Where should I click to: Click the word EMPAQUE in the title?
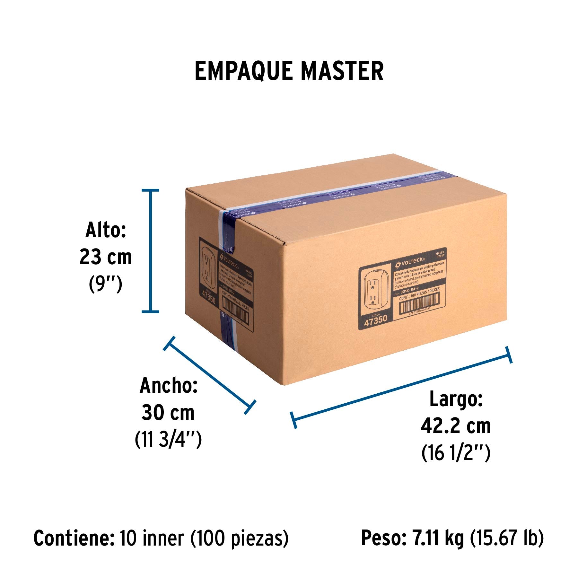pos(243,71)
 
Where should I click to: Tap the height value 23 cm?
pos(106,257)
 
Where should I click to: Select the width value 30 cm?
pos(168,413)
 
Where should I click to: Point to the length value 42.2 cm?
pos(456,426)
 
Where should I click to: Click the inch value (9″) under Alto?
pos(106,284)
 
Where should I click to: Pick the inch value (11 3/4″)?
pos(168,439)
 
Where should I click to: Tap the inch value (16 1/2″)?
pos(456,453)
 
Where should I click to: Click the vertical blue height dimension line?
pos(150,250)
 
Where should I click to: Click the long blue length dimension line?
pos(401,387)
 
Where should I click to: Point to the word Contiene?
pos(74,539)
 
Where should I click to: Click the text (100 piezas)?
pos(240,539)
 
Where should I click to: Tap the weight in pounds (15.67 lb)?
pos(507,539)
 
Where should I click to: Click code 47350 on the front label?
pos(376,320)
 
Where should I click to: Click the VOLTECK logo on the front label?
pos(410,263)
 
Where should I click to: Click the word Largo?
pos(456,400)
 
